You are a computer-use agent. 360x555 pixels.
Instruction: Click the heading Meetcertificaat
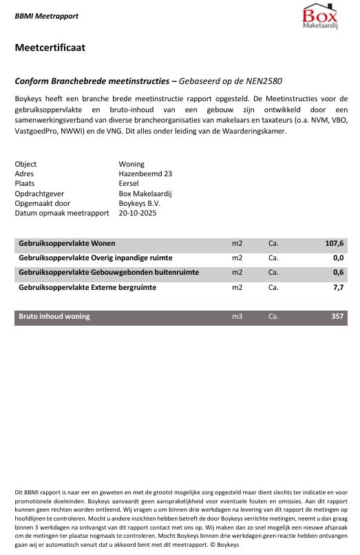(x=50, y=48)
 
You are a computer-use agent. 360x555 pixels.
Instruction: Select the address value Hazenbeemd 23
(x=145, y=174)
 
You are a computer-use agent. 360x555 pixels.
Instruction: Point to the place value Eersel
(x=129, y=184)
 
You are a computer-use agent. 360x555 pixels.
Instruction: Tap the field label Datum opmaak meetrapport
(x=62, y=213)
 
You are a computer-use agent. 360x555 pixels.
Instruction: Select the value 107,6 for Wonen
(x=334, y=243)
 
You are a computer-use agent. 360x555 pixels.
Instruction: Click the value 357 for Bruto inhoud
(x=337, y=317)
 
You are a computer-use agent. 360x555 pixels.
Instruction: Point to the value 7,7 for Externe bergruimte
(x=338, y=287)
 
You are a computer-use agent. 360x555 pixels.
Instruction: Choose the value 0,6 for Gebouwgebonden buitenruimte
(x=338, y=273)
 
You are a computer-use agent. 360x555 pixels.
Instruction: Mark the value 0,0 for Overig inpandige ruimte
(x=338, y=258)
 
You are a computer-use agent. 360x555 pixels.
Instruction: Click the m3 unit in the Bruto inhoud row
(x=237, y=317)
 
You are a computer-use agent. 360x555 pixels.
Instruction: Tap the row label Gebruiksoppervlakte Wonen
(x=67, y=243)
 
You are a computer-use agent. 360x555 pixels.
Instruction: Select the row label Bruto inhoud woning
(x=54, y=317)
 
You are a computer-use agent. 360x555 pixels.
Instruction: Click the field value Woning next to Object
(x=131, y=165)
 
